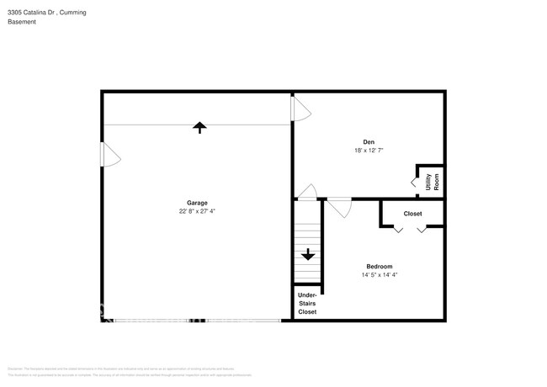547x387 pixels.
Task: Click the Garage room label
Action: (x=197, y=203)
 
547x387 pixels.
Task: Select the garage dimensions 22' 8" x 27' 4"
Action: (x=197, y=211)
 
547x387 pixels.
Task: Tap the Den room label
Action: (x=369, y=141)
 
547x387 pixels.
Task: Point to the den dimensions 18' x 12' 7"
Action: (x=369, y=151)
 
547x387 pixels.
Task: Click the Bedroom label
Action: (x=379, y=267)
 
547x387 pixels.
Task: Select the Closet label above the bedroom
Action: (x=412, y=214)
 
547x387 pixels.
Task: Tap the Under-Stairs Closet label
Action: (x=307, y=303)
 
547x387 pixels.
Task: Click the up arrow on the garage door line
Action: (x=199, y=127)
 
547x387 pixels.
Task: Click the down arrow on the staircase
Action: (x=308, y=253)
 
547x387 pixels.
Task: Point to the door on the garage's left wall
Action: (x=110, y=154)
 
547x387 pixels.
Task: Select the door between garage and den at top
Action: (x=300, y=107)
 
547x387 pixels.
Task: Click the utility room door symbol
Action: (x=415, y=180)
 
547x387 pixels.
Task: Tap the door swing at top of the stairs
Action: (x=306, y=192)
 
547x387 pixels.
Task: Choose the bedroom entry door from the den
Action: (x=340, y=205)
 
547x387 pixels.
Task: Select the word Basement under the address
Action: (x=21, y=24)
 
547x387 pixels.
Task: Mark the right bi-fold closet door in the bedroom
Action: (x=422, y=229)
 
